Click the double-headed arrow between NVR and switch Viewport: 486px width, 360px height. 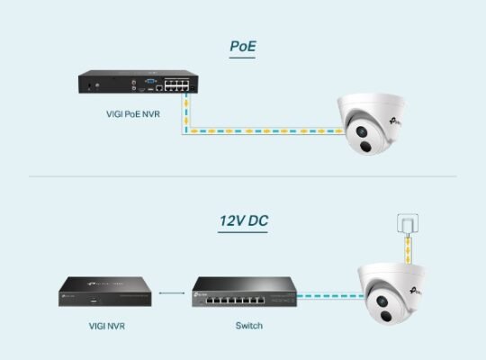[x=166, y=293]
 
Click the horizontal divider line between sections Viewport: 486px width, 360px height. [x=243, y=176]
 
